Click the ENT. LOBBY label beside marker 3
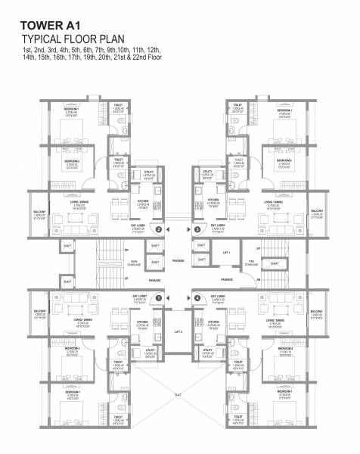pyautogui.click(x=215, y=225)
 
